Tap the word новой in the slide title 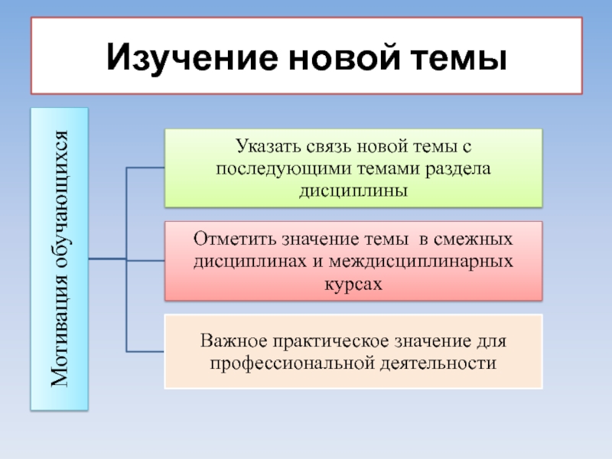(x=325, y=58)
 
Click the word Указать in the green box (x=265, y=145)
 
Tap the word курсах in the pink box (x=352, y=283)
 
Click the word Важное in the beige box (x=234, y=339)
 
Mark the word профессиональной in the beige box (x=291, y=362)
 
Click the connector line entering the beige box (x=145, y=351)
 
